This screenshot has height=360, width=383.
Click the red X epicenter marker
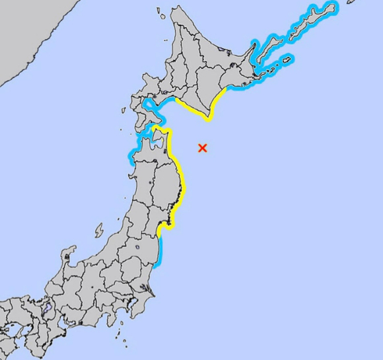pos(203,148)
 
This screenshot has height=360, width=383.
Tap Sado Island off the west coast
pos(98,230)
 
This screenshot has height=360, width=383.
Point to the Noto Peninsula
pos(67,254)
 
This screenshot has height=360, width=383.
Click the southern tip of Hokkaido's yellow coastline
pos(209,120)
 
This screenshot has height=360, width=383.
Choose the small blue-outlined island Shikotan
pos(287,60)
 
